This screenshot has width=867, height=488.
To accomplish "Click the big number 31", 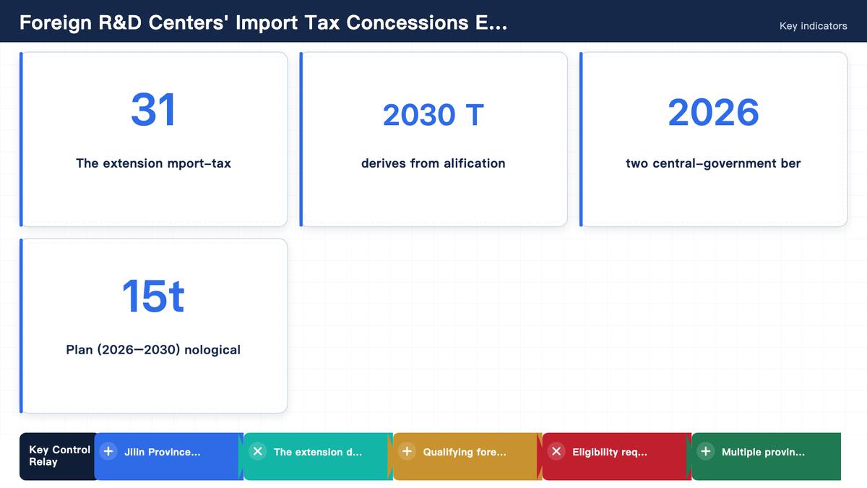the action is (x=153, y=110).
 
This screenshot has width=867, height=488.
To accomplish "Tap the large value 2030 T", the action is (x=433, y=115).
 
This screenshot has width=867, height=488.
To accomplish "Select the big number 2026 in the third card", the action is (x=713, y=112).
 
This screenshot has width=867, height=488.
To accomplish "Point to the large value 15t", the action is (x=153, y=296).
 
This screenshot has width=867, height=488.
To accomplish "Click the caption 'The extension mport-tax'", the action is (x=153, y=163).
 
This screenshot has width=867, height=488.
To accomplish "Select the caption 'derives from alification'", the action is (x=433, y=163).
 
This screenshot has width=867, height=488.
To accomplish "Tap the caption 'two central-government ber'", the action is (x=713, y=163).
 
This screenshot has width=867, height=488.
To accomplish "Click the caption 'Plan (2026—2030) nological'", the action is (x=153, y=350).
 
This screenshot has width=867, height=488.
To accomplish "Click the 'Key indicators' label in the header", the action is (x=814, y=26).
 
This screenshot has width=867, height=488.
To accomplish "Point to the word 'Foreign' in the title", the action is (x=56, y=23).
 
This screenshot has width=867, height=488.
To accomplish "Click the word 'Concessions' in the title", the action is (x=407, y=22).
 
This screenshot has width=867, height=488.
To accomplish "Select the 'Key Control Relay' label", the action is (x=59, y=456).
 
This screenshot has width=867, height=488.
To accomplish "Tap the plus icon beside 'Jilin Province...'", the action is (x=108, y=451).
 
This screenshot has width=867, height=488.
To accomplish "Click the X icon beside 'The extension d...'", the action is (x=258, y=451).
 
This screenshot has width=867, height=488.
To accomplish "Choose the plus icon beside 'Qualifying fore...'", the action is (x=407, y=451).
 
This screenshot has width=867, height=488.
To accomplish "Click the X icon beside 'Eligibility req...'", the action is (x=556, y=451).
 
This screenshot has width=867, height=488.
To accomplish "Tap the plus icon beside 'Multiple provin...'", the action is (x=706, y=451).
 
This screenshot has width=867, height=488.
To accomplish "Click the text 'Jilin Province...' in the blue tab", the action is (x=163, y=452).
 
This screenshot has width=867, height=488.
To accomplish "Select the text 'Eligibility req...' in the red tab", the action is (x=610, y=453).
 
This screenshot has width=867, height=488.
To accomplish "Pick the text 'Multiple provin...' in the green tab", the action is (x=763, y=453).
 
